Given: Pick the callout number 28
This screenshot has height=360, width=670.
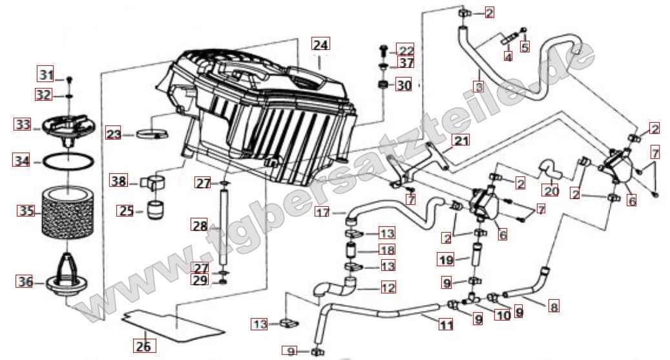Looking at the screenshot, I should pyautogui.click(x=200, y=226).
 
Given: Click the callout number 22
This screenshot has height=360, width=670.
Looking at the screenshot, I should pyautogui.click(x=405, y=50).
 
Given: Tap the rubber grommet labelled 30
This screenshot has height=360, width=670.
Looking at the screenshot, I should pyautogui.click(x=383, y=85).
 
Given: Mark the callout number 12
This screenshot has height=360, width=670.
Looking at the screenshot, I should pyautogui.click(x=388, y=287).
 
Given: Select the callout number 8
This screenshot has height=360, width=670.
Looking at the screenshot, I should pyautogui.click(x=553, y=307).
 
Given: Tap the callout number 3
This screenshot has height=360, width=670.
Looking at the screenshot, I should pyautogui.click(x=479, y=85).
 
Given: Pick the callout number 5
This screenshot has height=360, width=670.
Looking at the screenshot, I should pyautogui.click(x=525, y=47).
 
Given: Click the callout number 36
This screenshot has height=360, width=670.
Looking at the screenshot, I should pyautogui.click(x=25, y=281).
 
